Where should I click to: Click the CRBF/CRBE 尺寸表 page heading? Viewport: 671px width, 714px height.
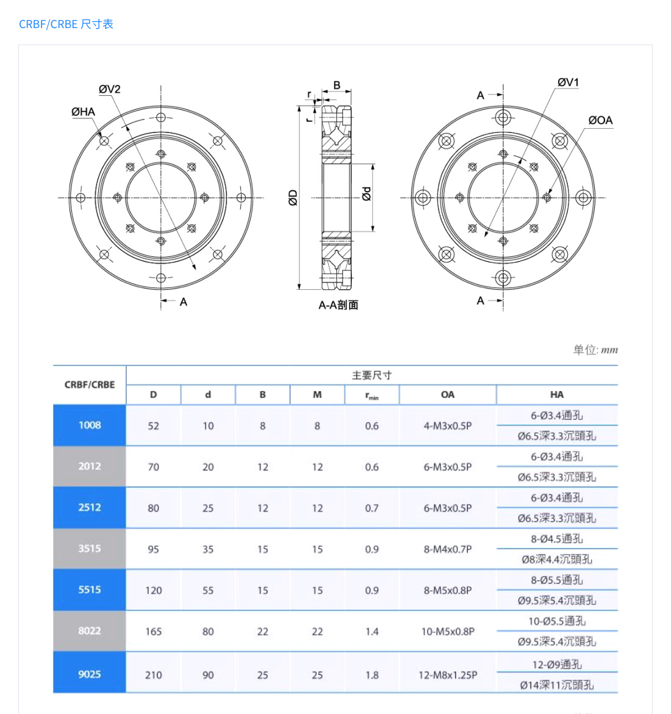point(66,24)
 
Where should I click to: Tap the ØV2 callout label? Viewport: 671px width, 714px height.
point(110,89)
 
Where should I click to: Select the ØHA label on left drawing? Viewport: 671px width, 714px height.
point(83,112)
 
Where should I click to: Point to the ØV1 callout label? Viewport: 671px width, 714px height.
point(568,82)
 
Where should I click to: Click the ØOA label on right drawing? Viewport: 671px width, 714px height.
point(600,120)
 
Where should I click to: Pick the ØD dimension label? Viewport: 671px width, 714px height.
point(293,198)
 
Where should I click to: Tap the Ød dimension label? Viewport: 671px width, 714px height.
point(366,194)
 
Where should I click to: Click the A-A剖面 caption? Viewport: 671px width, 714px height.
point(338,305)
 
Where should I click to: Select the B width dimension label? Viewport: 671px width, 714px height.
point(337,85)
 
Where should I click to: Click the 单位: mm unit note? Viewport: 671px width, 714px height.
point(595,350)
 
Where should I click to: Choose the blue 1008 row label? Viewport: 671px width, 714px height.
point(90,425)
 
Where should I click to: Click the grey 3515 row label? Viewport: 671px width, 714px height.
point(90,549)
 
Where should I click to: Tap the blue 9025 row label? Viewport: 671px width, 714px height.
point(90,674)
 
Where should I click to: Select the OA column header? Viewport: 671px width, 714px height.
point(447,395)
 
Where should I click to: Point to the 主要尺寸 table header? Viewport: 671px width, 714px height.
point(371,375)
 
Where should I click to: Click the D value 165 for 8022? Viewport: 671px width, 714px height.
point(153,632)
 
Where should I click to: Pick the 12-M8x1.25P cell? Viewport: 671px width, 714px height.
point(447,675)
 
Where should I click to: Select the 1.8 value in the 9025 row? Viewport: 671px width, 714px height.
point(371,675)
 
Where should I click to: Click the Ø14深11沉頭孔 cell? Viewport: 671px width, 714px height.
point(556,685)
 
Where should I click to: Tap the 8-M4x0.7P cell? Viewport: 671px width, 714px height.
point(447,549)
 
